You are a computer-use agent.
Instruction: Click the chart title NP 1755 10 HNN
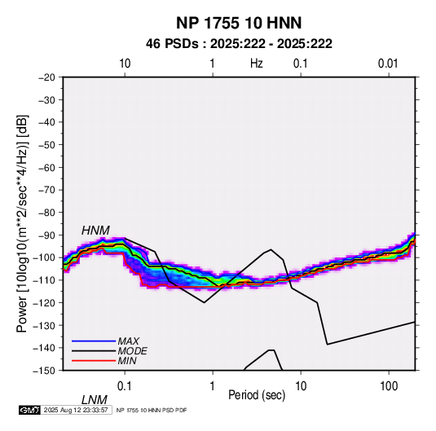tap(239, 23)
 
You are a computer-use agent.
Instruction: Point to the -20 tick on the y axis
tap(46, 77)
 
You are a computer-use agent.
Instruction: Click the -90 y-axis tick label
tap(46, 235)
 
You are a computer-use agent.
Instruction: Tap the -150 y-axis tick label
tap(45, 371)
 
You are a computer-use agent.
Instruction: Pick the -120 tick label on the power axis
tap(45, 302)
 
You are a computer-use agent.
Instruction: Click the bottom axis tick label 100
tap(389, 386)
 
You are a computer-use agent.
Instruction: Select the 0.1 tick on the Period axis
tap(125, 386)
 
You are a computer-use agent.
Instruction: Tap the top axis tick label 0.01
tap(388, 64)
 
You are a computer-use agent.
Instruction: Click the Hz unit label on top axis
tap(257, 64)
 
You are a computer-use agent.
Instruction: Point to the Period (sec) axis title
tap(257, 395)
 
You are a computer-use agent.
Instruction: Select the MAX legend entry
tap(128, 341)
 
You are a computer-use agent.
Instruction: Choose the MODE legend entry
tap(132, 351)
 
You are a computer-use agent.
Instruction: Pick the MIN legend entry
tap(127, 361)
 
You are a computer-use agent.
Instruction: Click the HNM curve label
tap(95, 231)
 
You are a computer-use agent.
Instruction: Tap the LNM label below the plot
tap(95, 400)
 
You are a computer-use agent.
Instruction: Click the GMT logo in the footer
tap(29, 410)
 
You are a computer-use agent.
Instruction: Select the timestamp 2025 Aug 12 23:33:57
tap(76, 410)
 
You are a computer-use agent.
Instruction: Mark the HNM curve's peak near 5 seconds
tap(271, 249)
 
